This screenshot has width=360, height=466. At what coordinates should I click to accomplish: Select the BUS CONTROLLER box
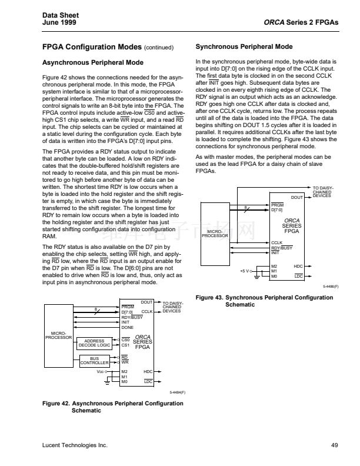(95, 360)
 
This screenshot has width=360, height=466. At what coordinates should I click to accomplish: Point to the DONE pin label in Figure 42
(127, 327)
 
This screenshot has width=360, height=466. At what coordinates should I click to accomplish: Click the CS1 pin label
(125, 345)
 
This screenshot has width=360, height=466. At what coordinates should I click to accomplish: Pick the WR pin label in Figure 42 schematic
(125, 362)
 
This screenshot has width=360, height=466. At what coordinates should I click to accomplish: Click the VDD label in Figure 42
(100, 372)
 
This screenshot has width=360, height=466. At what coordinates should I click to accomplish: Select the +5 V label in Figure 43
(245, 271)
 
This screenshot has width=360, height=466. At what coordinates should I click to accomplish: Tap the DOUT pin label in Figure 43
(296, 197)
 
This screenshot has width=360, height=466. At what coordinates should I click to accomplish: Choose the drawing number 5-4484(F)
(175, 391)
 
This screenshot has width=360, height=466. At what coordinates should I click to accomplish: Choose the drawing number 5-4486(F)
(328, 287)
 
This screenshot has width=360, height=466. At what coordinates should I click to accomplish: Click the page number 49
(334, 445)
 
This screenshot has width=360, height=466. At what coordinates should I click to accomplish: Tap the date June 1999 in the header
(59, 22)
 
